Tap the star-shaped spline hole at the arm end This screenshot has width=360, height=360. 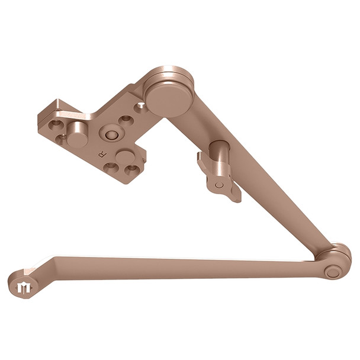click(x=25, y=288)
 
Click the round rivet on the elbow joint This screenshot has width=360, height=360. click(x=333, y=272)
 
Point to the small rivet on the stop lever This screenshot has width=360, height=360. click(x=220, y=185)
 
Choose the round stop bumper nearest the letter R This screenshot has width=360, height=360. click(x=126, y=156)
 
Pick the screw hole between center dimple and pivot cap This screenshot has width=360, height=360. click(x=125, y=120)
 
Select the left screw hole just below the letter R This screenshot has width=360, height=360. click(x=110, y=166)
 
